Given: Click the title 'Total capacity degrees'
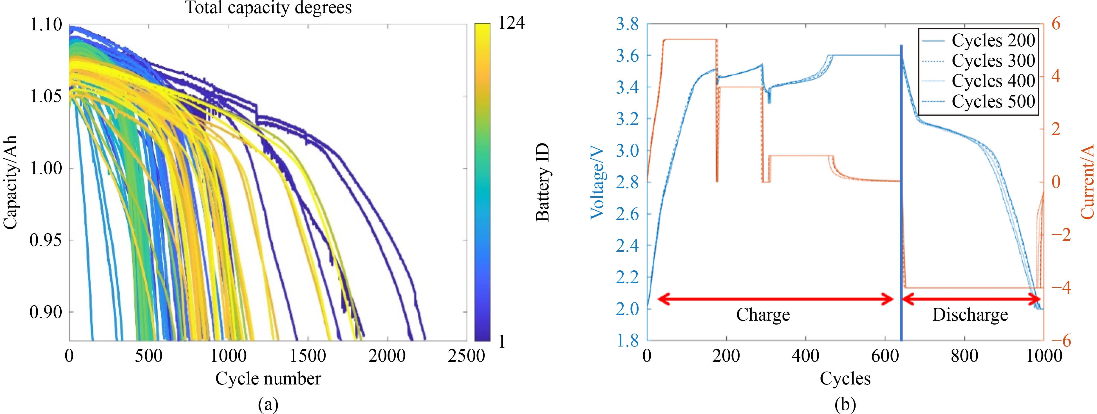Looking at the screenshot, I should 268,8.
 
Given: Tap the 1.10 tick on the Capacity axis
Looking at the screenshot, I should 46,25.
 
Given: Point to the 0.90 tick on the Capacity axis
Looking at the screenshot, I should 46,312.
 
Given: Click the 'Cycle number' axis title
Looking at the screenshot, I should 268,378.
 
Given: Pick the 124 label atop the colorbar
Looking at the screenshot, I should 511,22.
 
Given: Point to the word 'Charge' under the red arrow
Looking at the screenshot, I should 763,315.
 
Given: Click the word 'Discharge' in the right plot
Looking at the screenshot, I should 970,315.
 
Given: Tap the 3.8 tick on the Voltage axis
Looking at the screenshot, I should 627,24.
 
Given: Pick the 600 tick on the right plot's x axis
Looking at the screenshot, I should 885,356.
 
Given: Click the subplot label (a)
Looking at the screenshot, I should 268,404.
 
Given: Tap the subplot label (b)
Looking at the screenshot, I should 845,404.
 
